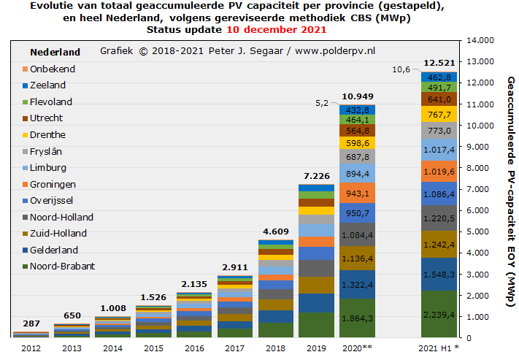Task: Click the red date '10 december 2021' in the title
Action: [x=276, y=30]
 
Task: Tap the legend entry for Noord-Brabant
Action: [x=63, y=267]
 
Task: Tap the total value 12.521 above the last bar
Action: [x=439, y=64]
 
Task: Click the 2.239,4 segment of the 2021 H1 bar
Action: [x=439, y=314]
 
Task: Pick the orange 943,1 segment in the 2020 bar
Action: [x=357, y=194]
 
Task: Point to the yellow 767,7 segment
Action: [x=439, y=115]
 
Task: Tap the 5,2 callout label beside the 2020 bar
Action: [x=322, y=103]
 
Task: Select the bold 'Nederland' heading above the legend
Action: [x=55, y=53]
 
